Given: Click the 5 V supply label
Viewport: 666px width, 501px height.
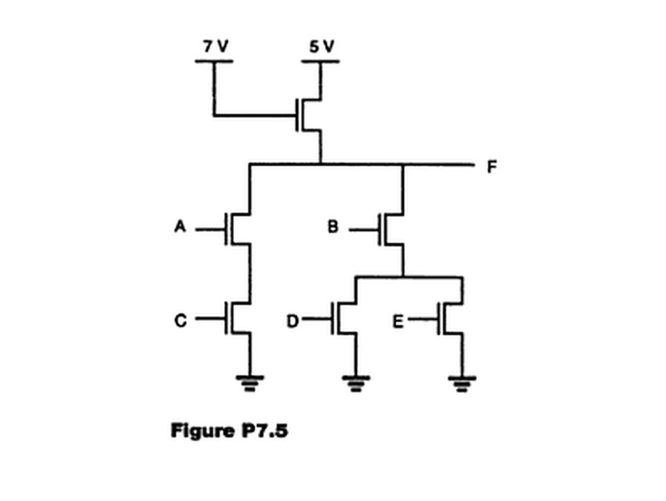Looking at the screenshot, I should (x=320, y=47).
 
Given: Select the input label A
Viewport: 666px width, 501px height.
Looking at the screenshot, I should (x=179, y=227).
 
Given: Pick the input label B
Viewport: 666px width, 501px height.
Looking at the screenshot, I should (x=333, y=227).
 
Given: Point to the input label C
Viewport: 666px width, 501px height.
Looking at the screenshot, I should (x=179, y=319).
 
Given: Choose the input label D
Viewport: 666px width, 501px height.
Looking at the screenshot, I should (x=292, y=319).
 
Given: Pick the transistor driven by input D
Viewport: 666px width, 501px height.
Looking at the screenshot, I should (x=344, y=319).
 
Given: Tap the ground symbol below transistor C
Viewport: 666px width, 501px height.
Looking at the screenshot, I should (x=248, y=384).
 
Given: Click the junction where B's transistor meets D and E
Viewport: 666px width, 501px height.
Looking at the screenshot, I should (x=403, y=276).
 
